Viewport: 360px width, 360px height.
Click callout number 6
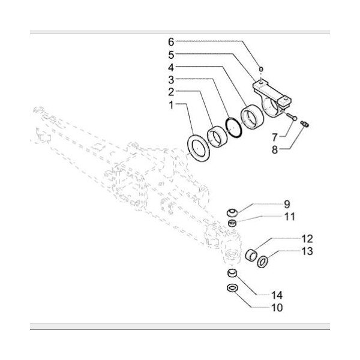(170, 41)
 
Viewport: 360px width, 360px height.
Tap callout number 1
(170, 104)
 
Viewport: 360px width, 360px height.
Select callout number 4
(170, 67)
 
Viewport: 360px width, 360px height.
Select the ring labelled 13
(262, 262)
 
